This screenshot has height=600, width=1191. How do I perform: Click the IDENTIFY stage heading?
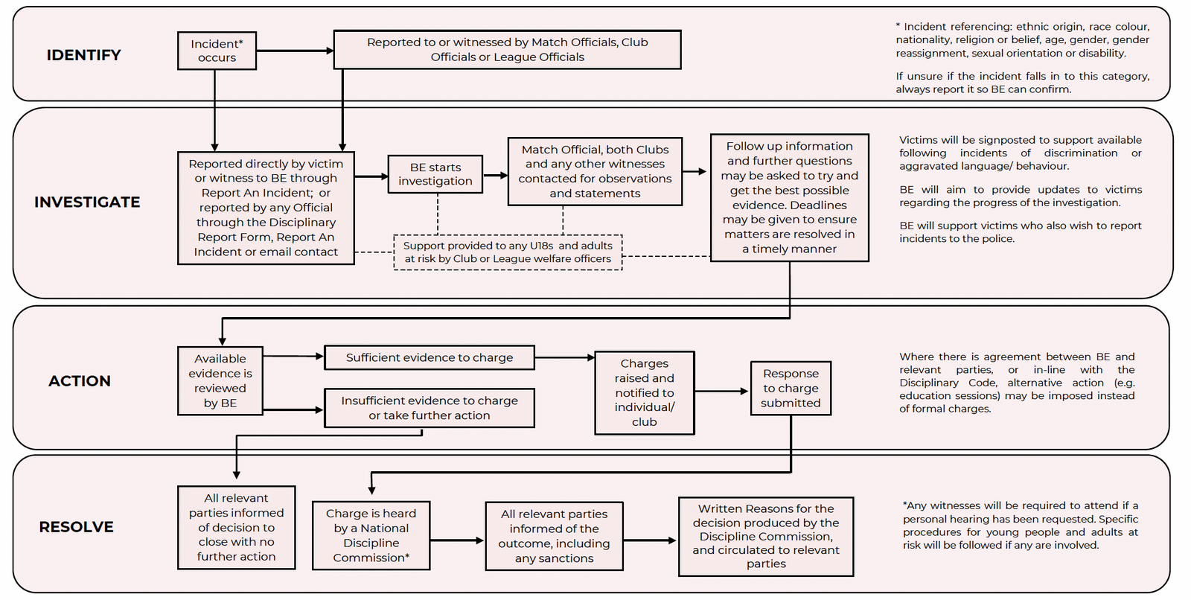(x=83, y=55)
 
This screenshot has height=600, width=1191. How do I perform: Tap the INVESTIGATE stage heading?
(x=87, y=202)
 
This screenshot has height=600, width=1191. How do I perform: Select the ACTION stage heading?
(x=80, y=381)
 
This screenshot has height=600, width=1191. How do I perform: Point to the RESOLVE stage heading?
(x=76, y=526)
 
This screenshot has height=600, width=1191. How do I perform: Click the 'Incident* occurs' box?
(x=217, y=51)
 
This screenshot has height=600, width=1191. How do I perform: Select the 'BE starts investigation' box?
(x=435, y=174)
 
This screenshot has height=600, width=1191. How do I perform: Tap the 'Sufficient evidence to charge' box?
(x=430, y=357)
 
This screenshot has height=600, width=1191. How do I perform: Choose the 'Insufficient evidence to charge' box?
(x=430, y=408)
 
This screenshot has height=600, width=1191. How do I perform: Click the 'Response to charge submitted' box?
(x=791, y=389)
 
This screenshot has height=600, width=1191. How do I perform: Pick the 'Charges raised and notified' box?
(x=645, y=392)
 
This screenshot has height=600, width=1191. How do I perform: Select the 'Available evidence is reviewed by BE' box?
(x=220, y=381)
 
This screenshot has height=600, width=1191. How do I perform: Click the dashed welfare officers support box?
(x=508, y=252)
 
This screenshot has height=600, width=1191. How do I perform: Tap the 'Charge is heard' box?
(x=371, y=536)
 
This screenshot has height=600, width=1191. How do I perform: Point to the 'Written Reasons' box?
(x=766, y=537)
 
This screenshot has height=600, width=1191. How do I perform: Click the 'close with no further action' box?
(x=237, y=528)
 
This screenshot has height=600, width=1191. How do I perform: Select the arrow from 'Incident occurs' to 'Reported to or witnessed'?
(x=295, y=51)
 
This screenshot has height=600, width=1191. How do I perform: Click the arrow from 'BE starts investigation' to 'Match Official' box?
(x=496, y=175)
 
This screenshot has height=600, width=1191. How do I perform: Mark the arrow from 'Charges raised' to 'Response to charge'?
(x=721, y=392)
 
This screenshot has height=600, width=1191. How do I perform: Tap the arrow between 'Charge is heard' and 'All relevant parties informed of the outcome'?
(x=457, y=540)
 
